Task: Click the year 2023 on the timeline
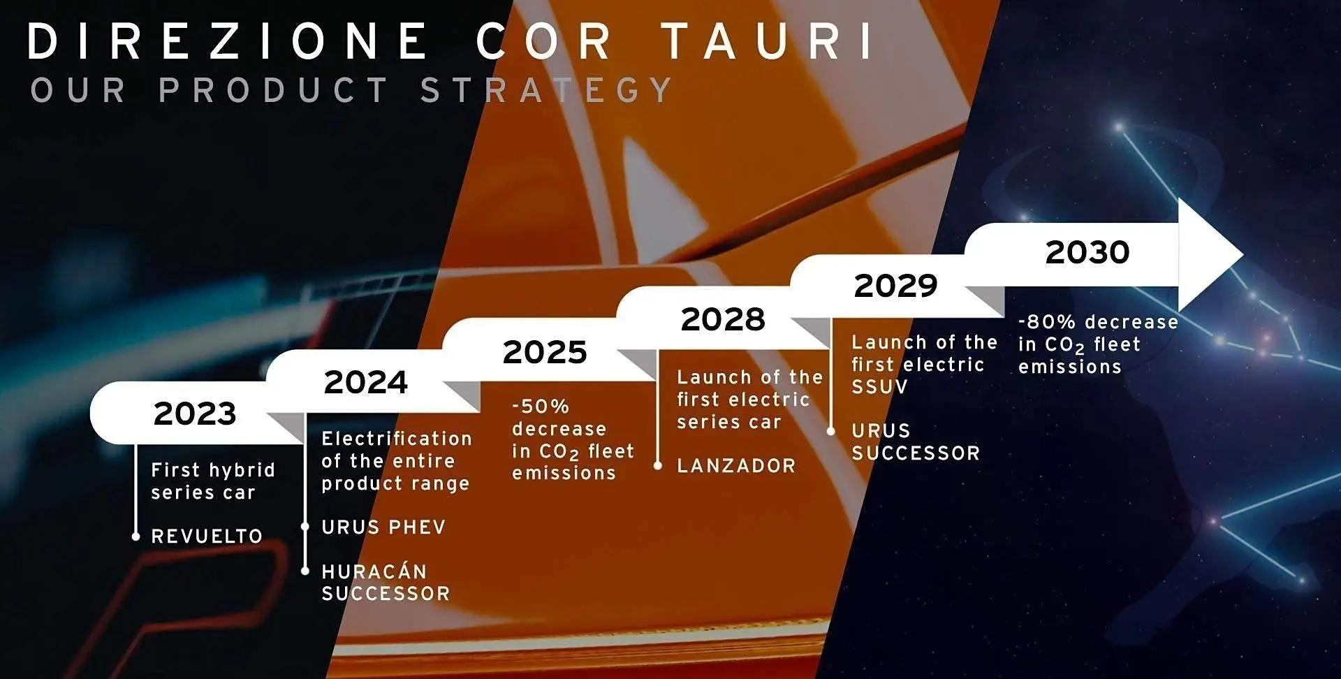coord(195,414)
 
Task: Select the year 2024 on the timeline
coord(366,382)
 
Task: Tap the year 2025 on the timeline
coord(545,352)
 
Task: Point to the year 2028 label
coord(723,319)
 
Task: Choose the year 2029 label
coord(896,286)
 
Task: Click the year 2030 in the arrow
coord(1087,252)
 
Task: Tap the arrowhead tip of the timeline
coord(1243,255)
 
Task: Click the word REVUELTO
coord(207,536)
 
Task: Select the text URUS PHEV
coord(383,527)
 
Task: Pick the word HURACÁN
coord(374,571)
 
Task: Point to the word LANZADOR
coord(736,466)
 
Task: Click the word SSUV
coord(879,386)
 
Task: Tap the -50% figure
coord(541,406)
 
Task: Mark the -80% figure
coord(1047,322)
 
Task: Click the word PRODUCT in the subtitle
coord(273,90)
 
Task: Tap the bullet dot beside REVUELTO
coord(136,536)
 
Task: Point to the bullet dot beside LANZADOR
coord(657,465)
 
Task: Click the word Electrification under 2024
coord(397,439)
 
